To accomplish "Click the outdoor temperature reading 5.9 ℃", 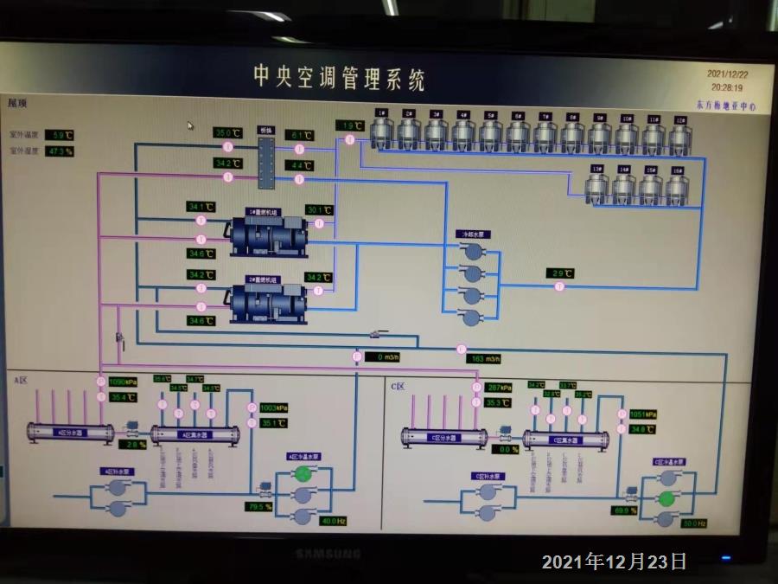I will tap(59, 135).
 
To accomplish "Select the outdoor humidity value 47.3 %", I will tap(59, 151).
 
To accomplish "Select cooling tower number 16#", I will tap(677, 188).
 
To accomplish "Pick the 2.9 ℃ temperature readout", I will tap(562, 273).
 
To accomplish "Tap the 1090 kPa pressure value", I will tap(124, 382).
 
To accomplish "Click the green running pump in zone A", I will tap(303, 473).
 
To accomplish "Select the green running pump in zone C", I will tap(666, 499).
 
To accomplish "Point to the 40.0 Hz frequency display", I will tap(333, 521).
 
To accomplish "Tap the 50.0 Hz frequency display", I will tap(694, 523).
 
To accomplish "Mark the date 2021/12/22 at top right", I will tap(727, 74).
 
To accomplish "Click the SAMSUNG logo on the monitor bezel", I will tap(328, 553).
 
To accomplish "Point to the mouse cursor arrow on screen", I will tap(191, 125).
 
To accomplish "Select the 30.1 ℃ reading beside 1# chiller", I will tap(319, 209).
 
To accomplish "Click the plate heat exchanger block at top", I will tap(265, 157).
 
